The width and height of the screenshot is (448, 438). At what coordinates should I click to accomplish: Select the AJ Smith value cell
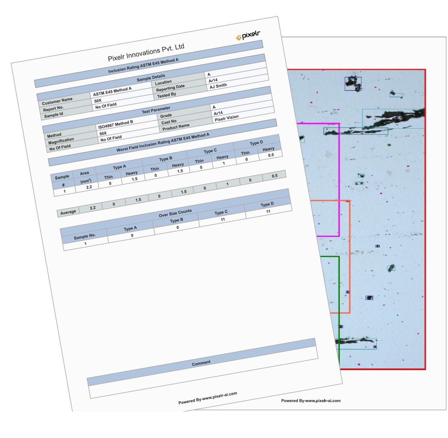pyautogui.click(x=218, y=86)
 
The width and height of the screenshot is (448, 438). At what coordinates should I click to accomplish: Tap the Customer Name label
pyautogui.click(x=57, y=101)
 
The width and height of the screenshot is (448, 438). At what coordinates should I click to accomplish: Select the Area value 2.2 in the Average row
pyautogui.click(x=92, y=208)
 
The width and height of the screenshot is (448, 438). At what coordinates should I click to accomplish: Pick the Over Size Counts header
pyautogui.click(x=175, y=213)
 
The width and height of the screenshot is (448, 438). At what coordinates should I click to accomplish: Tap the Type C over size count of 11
pyautogui.click(x=223, y=218)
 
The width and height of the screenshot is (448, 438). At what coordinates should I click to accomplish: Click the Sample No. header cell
pyautogui.click(x=85, y=236)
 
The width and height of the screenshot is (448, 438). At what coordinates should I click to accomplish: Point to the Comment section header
pyautogui.click(x=201, y=363)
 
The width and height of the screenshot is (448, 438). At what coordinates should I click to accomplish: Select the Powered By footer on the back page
pyautogui.click(x=311, y=401)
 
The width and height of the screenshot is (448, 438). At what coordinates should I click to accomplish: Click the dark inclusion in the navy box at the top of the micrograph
pyautogui.click(x=353, y=83)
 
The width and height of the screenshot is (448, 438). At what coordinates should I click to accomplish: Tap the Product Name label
pyautogui.click(x=176, y=128)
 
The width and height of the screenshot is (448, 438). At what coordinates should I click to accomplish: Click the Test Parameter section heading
pyautogui.click(x=156, y=110)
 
